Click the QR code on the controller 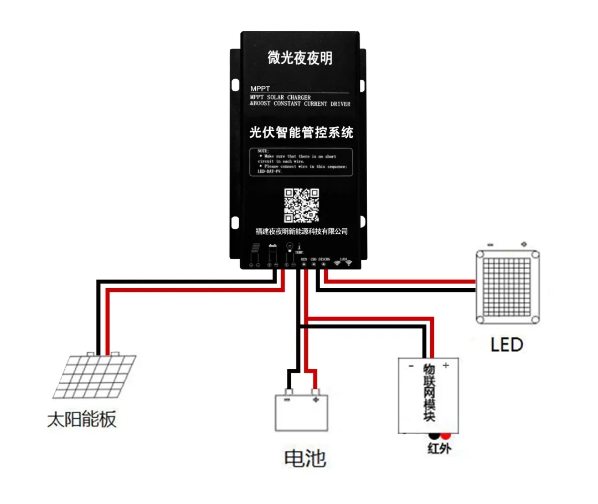tap(302, 205)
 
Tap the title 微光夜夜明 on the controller tap(300, 58)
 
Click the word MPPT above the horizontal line tap(259, 89)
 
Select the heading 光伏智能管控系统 tap(301, 132)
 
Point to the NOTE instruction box tap(301, 162)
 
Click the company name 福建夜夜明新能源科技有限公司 tap(301, 231)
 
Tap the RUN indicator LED tap(303, 264)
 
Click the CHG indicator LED tap(313, 264)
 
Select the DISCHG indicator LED tap(324, 264)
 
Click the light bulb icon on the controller tap(288, 247)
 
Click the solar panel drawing tap(95, 376)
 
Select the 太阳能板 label tap(82, 420)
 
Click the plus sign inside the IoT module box tap(446, 365)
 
